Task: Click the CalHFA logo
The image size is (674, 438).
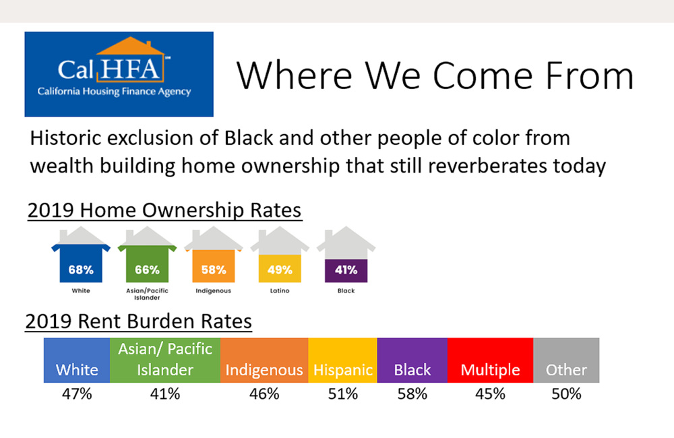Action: click(119, 73)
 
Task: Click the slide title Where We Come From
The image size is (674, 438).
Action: click(435, 75)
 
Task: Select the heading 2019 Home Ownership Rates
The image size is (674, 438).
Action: click(164, 210)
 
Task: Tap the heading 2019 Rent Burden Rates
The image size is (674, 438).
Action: click(139, 322)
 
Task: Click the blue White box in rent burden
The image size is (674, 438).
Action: click(77, 361)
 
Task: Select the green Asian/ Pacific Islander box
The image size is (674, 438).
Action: click(165, 361)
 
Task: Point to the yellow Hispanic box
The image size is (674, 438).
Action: click(342, 361)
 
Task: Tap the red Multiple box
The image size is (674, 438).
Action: click(490, 361)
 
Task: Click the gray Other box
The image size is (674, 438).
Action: click(566, 361)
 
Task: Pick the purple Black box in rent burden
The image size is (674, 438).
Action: click(412, 361)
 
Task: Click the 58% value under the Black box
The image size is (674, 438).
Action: click(412, 394)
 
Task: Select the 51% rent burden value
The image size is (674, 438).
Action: click(342, 394)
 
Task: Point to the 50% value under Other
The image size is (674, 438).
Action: click(566, 394)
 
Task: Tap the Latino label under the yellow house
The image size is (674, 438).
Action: click(279, 291)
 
